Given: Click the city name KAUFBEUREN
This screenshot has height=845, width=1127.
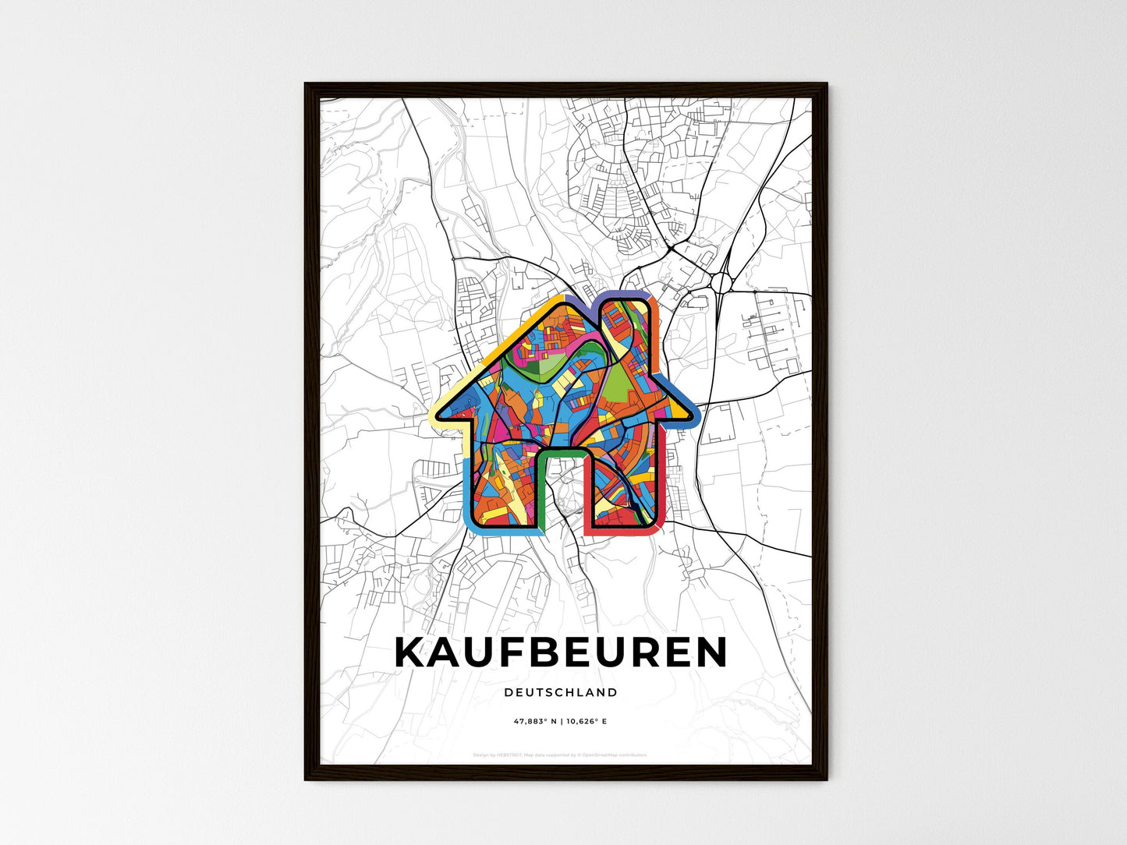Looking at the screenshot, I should [x=561, y=652].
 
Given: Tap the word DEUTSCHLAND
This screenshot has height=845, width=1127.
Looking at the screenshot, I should [x=561, y=692].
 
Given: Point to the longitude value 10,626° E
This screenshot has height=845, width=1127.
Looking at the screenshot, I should [x=586, y=721].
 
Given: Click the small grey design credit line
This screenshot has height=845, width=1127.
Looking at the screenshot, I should [x=561, y=755].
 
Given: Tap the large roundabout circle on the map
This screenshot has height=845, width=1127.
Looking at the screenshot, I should [x=721, y=281].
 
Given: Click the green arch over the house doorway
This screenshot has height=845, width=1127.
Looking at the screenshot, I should [x=561, y=453].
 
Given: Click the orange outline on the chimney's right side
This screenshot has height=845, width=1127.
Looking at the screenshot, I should [x=656, y=327].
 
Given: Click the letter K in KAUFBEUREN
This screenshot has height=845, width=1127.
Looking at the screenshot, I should [x=413, y=652].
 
